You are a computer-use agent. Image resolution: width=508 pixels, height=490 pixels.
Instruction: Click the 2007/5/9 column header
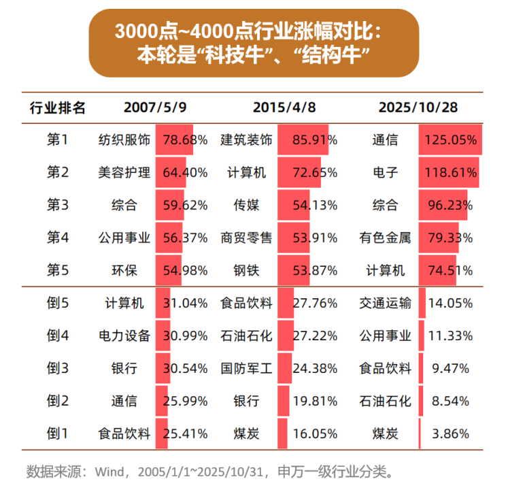click(x=154, y=108)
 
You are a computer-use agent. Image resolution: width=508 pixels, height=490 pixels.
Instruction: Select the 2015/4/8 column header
click(x=284, y=108)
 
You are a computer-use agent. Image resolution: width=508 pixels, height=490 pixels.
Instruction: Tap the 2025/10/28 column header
click(x=418, y=108)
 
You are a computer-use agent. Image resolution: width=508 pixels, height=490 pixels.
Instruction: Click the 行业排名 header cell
click(x=58, y=108)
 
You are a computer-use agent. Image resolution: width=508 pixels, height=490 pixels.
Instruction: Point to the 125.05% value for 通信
click(x=450, y=141)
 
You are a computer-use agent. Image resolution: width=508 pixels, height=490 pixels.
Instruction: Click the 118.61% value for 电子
click(x=450, y=173)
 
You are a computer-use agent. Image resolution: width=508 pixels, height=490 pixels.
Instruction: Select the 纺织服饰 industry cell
click(x=124, y=141)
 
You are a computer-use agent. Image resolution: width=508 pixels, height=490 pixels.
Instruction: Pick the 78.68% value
click(x=185, y=141)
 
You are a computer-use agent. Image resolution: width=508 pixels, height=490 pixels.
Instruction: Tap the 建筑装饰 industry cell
click(x=246, y=141)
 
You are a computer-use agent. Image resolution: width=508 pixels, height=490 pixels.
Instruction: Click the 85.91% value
click(x=315, y=141)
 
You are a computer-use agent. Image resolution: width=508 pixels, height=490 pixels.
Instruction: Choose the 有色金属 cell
click(x=386, y=238)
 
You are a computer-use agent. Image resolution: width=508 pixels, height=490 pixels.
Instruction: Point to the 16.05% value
click(x=315, y=434)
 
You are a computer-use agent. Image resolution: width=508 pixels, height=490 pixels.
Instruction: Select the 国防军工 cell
click(x=246, y=369)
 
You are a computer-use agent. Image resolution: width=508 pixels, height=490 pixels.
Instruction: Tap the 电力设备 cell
click(x=124, y=336)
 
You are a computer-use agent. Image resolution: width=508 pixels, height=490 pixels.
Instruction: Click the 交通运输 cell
click(x=386, y=304)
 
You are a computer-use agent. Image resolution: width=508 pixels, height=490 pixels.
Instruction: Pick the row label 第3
click(x=58, y=206)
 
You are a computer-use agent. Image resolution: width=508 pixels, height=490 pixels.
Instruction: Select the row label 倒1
click(x=58, y=434)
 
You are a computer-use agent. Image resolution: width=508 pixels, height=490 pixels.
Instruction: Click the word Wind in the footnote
click(x=110, y=471)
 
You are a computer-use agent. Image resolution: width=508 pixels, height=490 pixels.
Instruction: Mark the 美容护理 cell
click(x=124, y=173)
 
